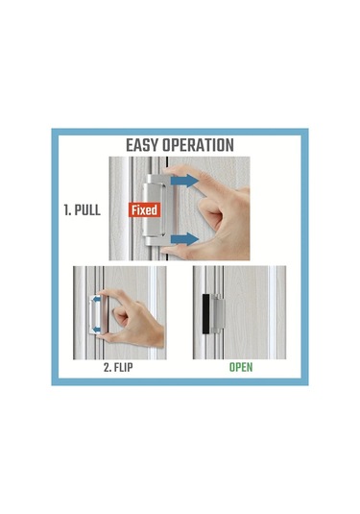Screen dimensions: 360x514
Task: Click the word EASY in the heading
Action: click(x=142, y=145)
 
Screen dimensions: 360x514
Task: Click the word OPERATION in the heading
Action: click(x=198, y=145)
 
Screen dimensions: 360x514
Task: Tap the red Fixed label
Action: click(x=144, y=209)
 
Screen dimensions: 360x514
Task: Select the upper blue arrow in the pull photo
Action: click(x=184, y=181)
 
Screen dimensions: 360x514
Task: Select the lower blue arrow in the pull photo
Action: click(x=184, y=239)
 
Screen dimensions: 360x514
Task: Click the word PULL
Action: click(x=87, y=209)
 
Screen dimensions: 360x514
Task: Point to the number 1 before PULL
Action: click(x=67, y=209)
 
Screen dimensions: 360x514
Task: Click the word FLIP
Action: click(x=123, y=367)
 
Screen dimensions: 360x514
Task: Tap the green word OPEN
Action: click(x=241, y=367)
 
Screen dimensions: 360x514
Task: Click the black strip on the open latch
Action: click(x=205, y=314)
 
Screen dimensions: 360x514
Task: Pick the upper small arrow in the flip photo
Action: click(x=96, y=299)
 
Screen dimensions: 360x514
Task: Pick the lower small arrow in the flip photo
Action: click(x=96, y=329)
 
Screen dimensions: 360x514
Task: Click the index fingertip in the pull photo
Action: click(x=168, y=170)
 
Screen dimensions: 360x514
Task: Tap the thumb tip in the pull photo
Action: click(x=167, y=251)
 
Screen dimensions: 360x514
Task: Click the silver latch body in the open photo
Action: click(x=218, y=314)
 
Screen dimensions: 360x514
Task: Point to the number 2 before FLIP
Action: click(x=108, y=367)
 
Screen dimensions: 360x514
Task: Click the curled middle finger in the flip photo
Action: click(x=120, y=316)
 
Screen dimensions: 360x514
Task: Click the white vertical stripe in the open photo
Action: click(x=272, y=312)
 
